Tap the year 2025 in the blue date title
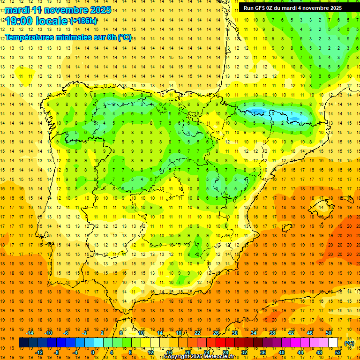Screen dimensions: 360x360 click(100, 10)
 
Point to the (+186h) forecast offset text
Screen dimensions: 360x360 click(83, 21)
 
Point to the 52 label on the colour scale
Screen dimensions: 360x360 click(338, 352)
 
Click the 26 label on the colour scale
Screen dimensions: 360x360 click(216, 333)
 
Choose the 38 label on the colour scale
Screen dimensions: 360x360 click(272, 333)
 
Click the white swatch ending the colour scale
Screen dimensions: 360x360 click(333, 343)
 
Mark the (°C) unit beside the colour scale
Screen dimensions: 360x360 click(349, 343)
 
